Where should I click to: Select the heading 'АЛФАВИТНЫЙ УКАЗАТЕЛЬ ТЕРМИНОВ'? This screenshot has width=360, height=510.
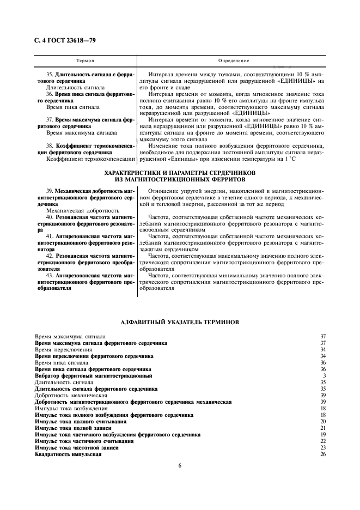[180, 321]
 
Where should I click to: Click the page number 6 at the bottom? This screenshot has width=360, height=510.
[179, 465]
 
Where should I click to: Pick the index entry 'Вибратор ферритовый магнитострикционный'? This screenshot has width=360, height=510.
[93, 376]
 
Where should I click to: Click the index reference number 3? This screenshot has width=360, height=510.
[324, 376]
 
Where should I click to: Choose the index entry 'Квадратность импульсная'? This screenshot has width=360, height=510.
[68, 454]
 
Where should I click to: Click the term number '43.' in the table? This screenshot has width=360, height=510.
[50, 276]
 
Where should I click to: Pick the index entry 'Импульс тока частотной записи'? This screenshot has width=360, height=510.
[77, 448]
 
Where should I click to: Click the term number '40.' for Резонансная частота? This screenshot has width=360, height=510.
[50, 217]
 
